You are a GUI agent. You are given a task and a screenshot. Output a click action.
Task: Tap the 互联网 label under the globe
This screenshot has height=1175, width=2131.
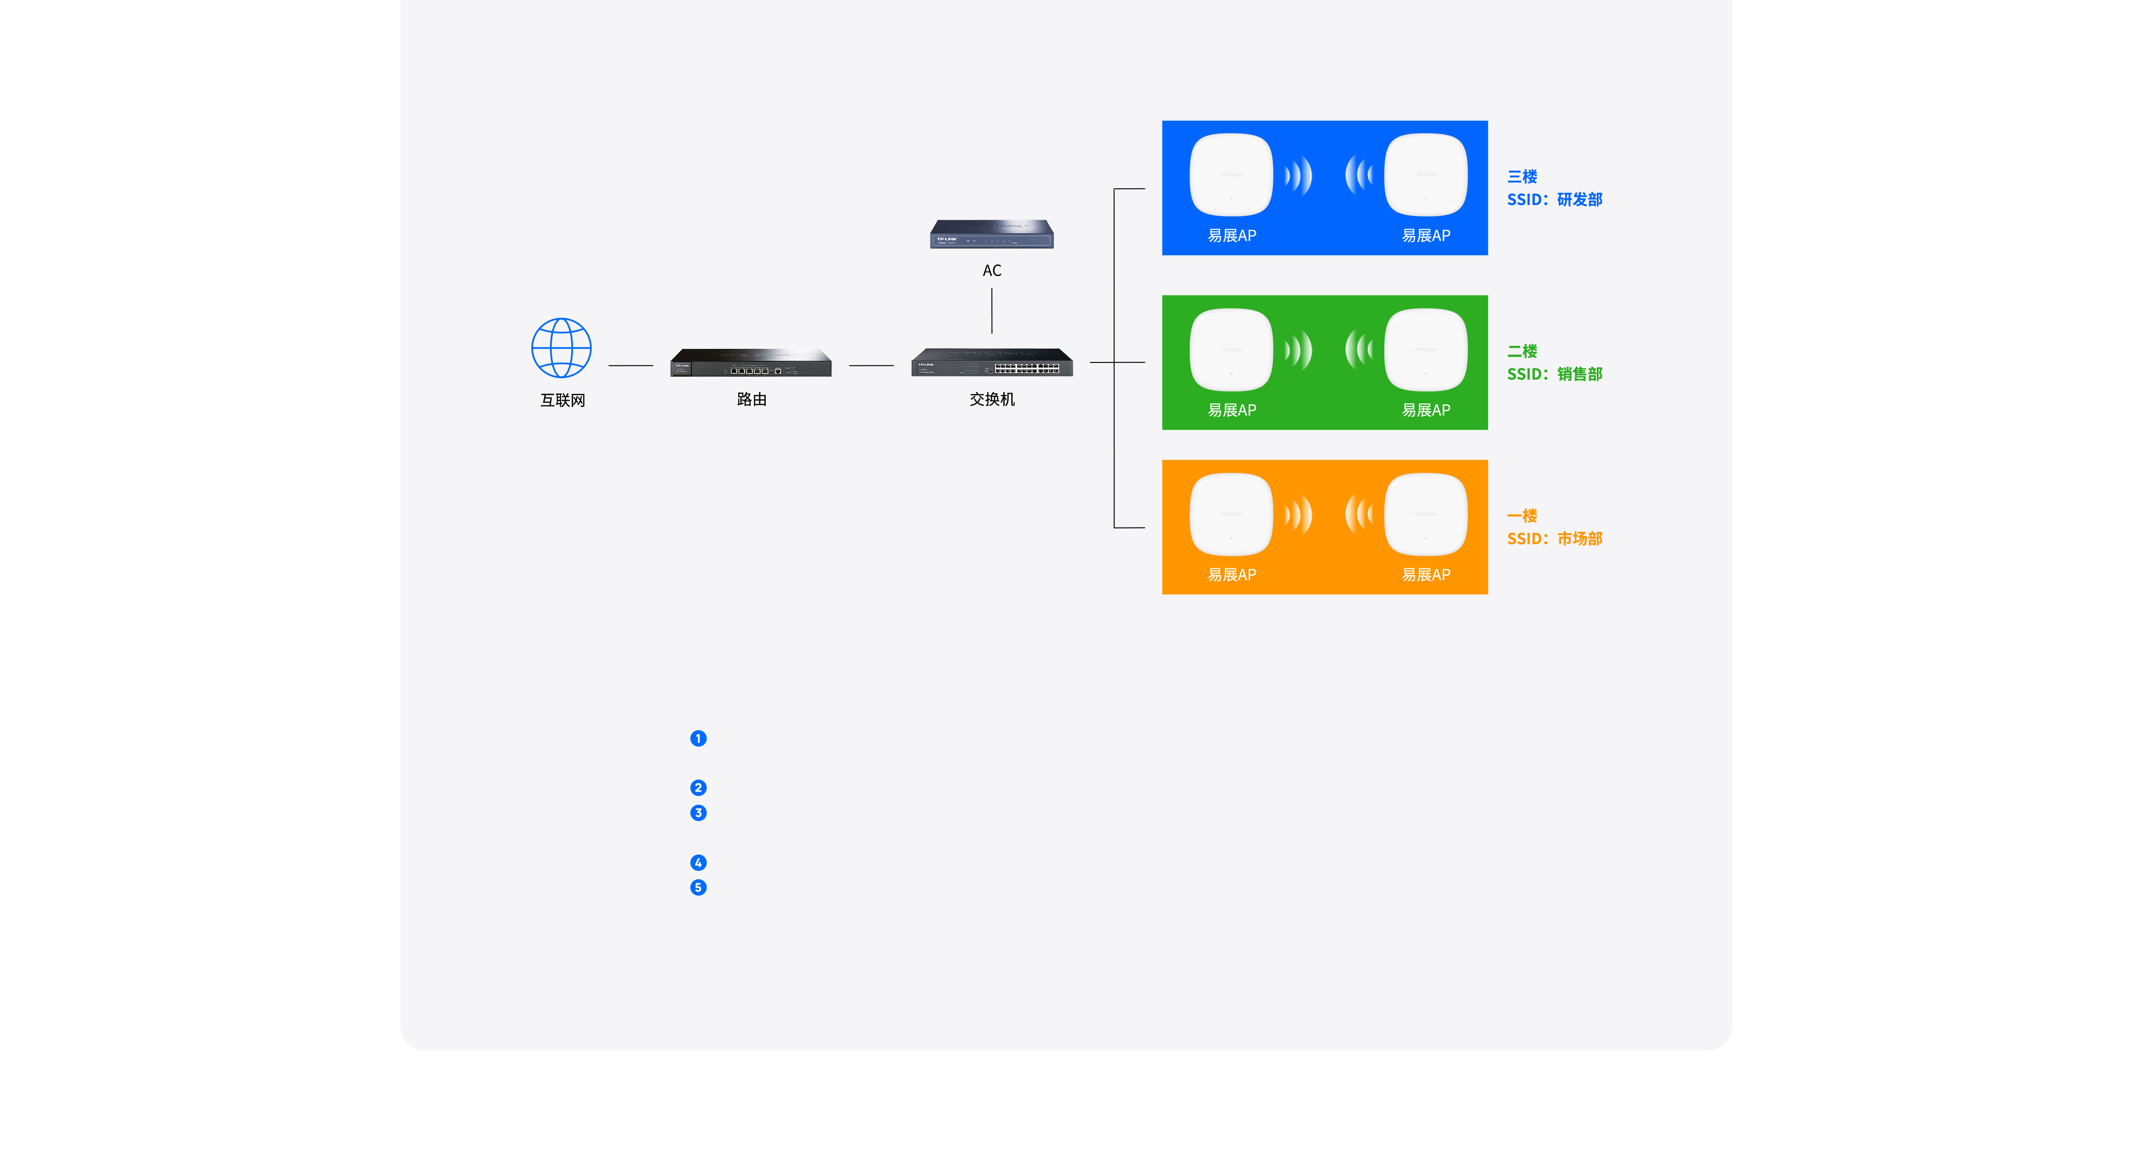pyautogui.click(x=563, y=401)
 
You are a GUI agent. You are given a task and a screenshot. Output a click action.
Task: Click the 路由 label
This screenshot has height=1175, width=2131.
pyautogui.click(x=751, y=400)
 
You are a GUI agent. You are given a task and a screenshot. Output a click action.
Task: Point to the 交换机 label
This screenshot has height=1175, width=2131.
pyautogui.click(x=992, y=400)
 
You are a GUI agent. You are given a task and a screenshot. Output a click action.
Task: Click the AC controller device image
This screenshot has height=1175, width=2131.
pyautogui.click(x=992, y=234)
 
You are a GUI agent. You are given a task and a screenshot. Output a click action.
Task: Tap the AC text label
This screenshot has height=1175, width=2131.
pyautogui.click(x=992, y=271)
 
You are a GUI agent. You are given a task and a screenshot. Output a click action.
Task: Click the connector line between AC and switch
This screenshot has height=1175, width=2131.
pyautogui.click(x=992, y=311)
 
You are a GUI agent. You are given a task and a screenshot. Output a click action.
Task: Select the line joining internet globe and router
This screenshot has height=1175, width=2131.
pyautogui.click(x=630, y=365)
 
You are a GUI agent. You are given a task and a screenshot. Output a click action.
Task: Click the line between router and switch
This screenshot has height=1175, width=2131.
pyautogui.click(x=871, y=365)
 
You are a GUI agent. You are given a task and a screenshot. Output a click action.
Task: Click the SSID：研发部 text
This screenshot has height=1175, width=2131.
pyautogui.click(x=1554, y=199)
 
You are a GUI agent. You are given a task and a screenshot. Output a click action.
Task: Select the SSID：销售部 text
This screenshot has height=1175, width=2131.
pyautogui.click(x=1554, y=374)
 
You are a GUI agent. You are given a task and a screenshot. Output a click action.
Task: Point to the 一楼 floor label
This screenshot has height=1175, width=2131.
pyautogui.click(x=1522, y=516)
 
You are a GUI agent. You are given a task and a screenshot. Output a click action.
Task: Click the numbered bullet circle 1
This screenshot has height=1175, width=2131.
pyautogui.click(x=698, y=738)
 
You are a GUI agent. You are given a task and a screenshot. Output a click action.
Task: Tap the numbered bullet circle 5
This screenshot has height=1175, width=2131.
pyautogui.click(x=698, y=887)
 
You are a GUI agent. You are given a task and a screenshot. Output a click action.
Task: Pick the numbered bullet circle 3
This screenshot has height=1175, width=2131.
pyautogui.click(x=698, y=813)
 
